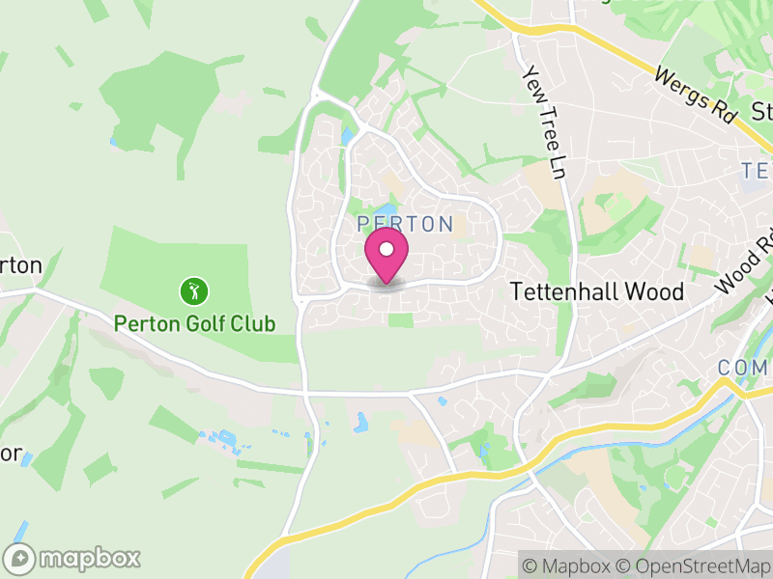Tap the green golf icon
195,289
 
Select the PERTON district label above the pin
405,224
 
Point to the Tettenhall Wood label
596,291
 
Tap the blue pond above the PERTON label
386,208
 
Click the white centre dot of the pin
386,250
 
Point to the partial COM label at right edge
743,368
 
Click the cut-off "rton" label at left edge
21,265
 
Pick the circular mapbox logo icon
20,558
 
